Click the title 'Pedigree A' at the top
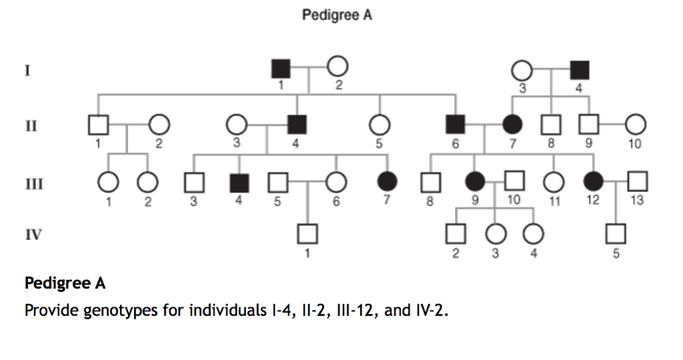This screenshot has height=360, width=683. [337, 15]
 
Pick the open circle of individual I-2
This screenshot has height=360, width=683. [337, 67]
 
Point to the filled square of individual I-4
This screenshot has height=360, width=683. [579, 69]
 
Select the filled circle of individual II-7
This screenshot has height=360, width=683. [512, 124]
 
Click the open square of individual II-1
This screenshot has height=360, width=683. [99, 124]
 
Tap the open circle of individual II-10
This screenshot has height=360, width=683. [635, 124]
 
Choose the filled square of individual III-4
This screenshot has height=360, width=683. [239, 181]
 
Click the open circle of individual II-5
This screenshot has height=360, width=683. [379, 124]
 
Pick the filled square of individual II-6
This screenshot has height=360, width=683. [456, 124]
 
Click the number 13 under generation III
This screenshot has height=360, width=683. [638, 199]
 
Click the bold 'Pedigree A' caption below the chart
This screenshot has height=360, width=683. [65, 283]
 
